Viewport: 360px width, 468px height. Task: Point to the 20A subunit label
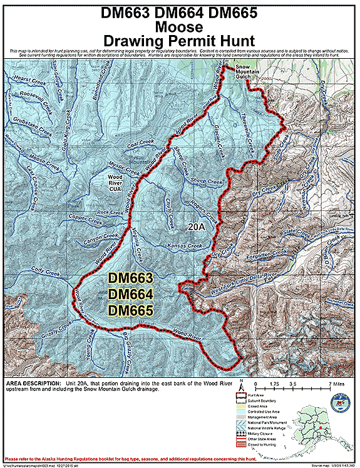click(x=197, y=226)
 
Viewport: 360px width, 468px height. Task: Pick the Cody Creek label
click(x=45, y=273)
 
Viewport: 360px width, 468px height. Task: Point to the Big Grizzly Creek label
click(x=123, y=353)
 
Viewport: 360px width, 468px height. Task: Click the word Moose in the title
click(x=180, y=27)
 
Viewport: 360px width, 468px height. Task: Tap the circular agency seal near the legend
click(x=339, y=402)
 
